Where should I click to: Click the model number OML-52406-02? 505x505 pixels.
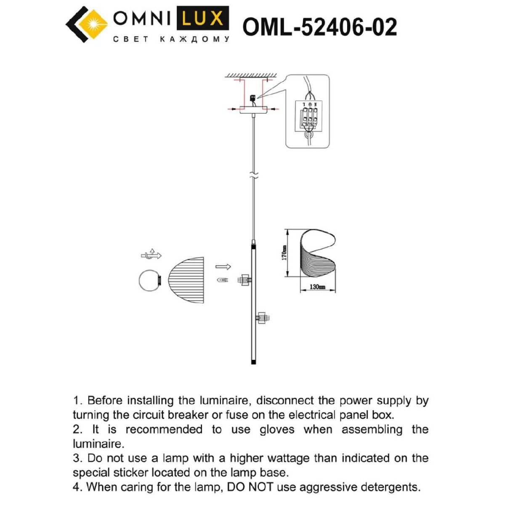click(320, 27)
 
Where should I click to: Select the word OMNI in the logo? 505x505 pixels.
click(142, 19)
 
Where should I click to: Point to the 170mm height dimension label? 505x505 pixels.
click(285, 253)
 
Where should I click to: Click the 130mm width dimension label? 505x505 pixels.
click(317, 287)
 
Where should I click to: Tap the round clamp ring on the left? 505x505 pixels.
click(150, 279)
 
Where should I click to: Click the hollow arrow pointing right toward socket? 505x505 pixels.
click(223, 267)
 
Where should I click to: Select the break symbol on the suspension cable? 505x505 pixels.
click(252, 176)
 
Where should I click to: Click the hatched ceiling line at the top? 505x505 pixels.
click(251, 75)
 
